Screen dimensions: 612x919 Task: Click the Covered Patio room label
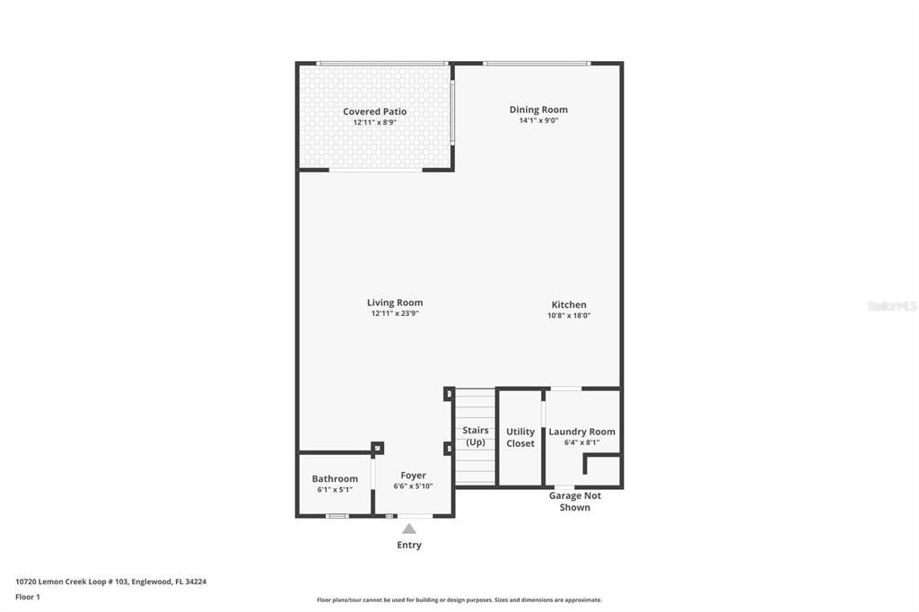(x=374, y=112)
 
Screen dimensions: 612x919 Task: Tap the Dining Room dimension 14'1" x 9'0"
(x=538, y=120)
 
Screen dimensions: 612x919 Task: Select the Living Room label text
(x=395, y=303)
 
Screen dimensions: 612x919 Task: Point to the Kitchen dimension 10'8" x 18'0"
(x=569, y=316)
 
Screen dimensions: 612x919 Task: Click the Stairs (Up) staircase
(x=475, y=436)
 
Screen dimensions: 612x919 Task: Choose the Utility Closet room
(x=520, y=437)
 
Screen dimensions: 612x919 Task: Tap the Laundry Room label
(x=582, y=432)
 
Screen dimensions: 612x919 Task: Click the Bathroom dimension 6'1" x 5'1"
(x=335, y=490)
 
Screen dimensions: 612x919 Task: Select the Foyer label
(x=413, y=476)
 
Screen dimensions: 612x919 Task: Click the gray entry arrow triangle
(x=409, y=529)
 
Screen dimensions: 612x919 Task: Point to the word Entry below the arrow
(x=409, y=545)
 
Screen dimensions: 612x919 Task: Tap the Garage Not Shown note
(x=575, y=502)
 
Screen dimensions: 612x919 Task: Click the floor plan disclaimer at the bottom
(x=459, y=600)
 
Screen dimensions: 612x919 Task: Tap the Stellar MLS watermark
(x=891, y=306)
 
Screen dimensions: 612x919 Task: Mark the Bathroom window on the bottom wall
(x=337, y=516)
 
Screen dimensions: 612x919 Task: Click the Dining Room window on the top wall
(x=537, y=63)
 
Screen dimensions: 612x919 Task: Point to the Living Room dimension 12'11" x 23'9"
(x=395, y=314)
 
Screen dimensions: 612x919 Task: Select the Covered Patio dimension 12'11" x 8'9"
(x=374, y=122)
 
